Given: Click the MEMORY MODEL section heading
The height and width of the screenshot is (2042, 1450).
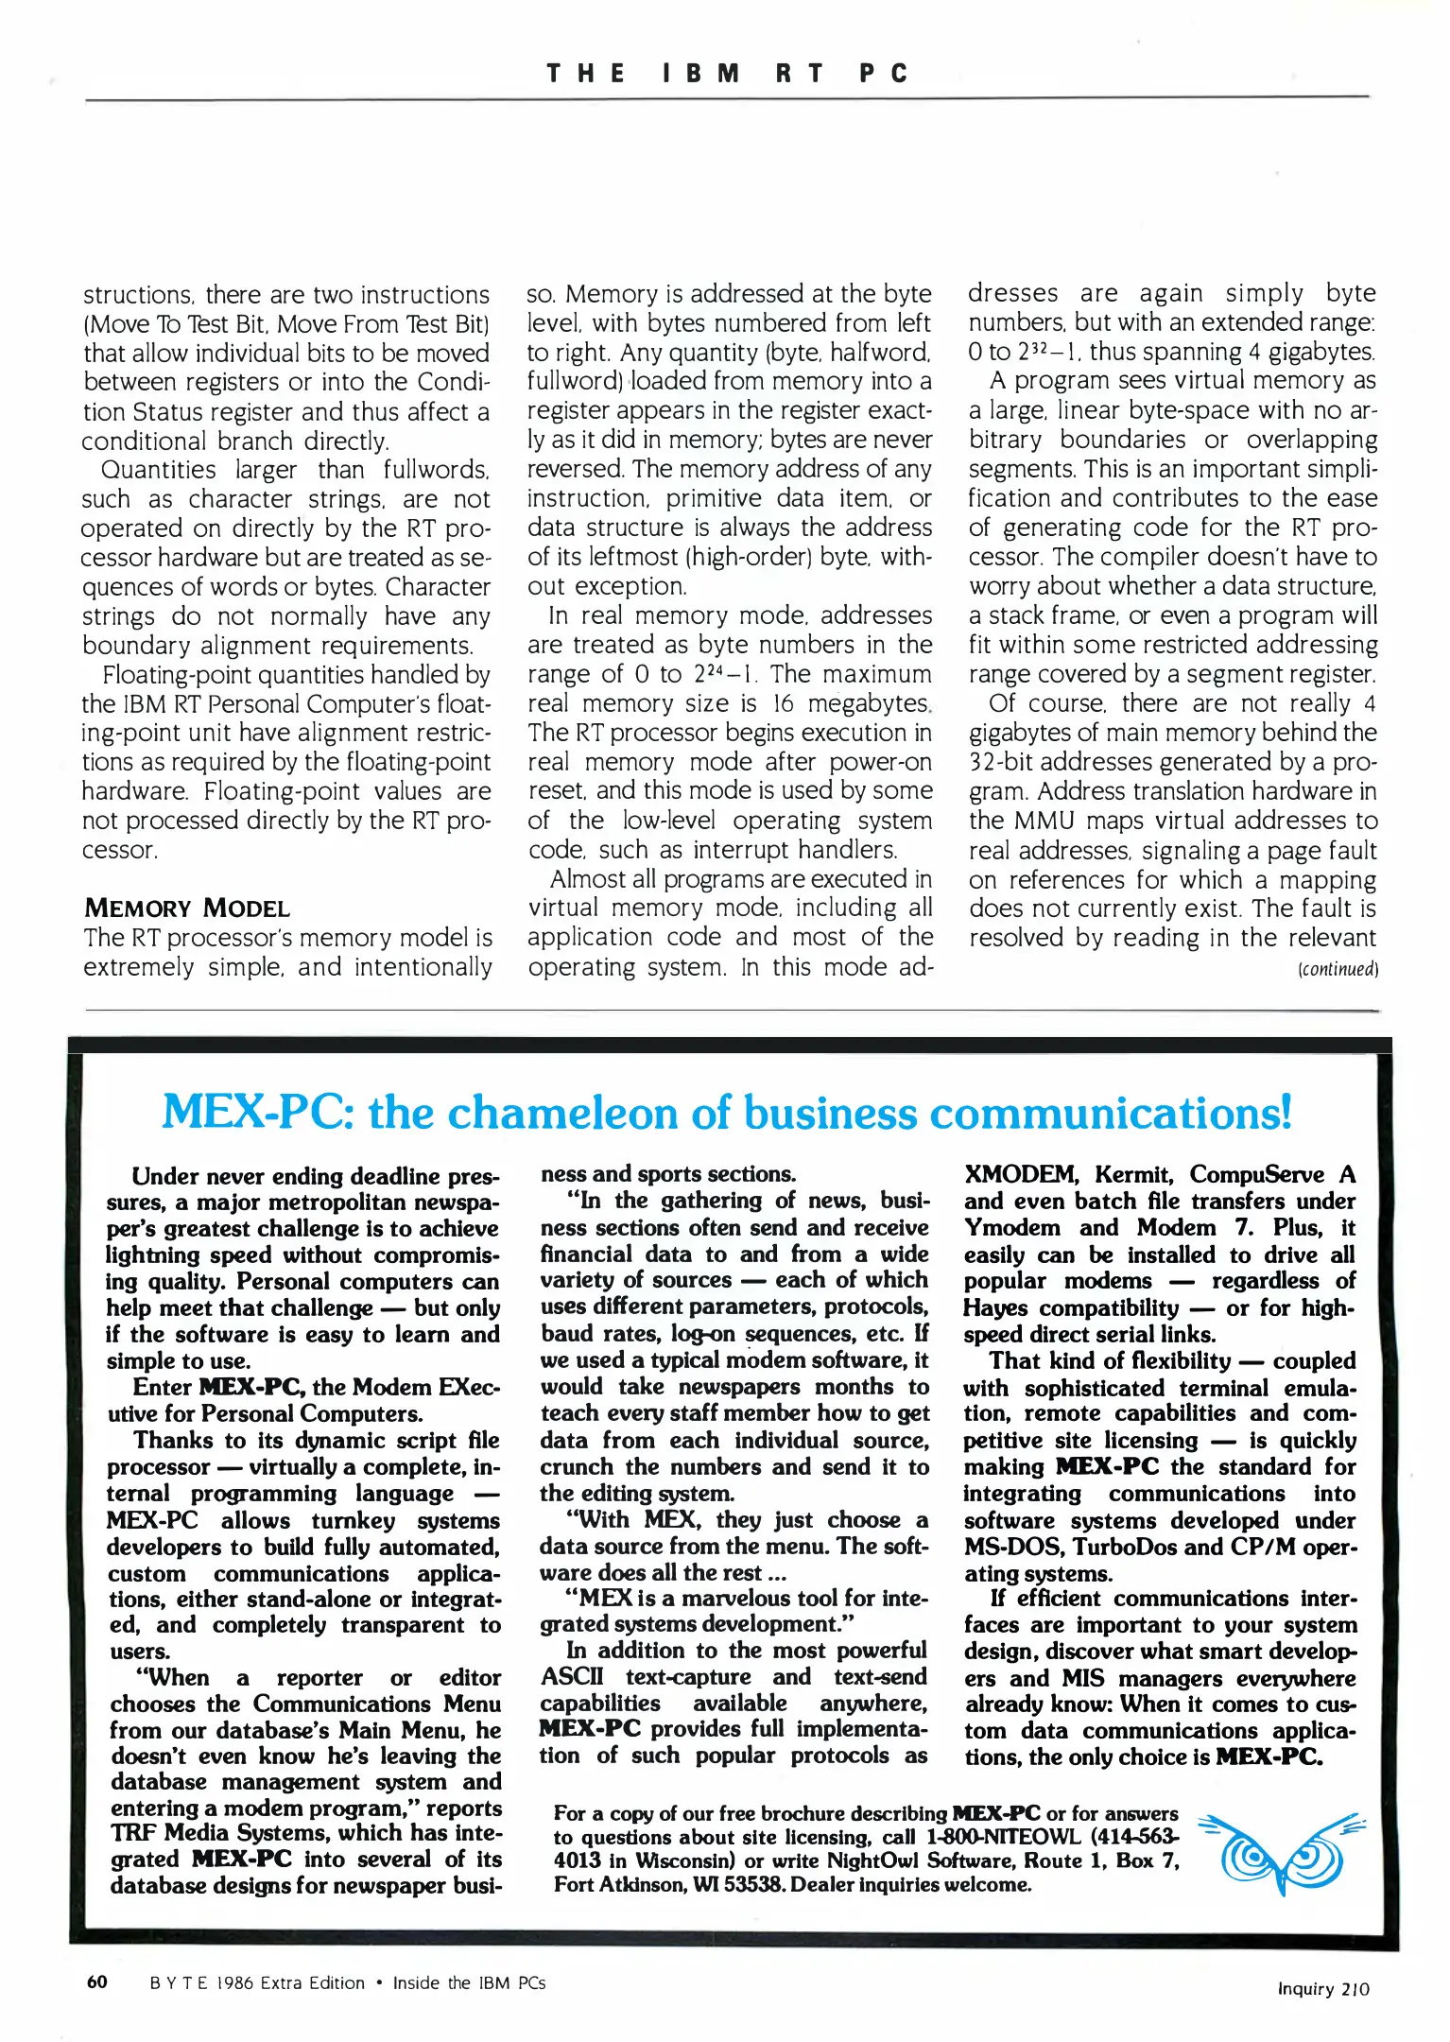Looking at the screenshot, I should [186, 909].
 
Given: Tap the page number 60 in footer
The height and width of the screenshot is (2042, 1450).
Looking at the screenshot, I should [96, 1981].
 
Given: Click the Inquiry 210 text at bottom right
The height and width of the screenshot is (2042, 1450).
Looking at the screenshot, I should [1322, 1988].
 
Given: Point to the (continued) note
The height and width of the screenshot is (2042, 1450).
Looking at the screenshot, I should [1338, 969].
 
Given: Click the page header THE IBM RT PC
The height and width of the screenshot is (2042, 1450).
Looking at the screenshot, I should [726, 74].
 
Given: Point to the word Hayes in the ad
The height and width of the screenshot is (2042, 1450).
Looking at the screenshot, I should [995, 1307].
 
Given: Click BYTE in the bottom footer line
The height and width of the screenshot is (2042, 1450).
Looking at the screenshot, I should [177, 1982].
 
